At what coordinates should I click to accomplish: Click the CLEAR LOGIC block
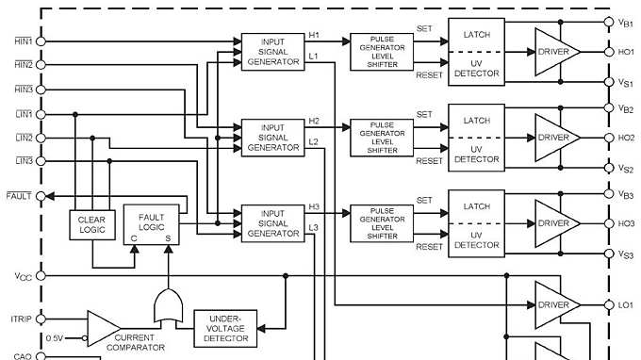[x=92, y=222]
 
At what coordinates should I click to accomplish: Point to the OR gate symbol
[x=168, y=307]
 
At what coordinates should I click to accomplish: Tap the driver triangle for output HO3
[x=556, y=223]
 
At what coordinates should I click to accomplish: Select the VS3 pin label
[x=626, y=255]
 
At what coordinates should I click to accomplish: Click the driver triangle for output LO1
[x=556, y=304]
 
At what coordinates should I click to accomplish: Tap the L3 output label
[x=314, y=227]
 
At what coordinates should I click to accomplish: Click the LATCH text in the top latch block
[x=476, y=34]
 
